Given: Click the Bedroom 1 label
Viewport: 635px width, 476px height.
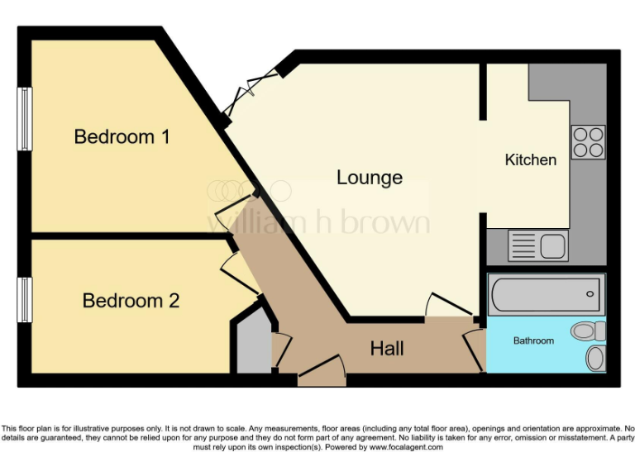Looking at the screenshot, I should pyautogui.click(x=122, y=136).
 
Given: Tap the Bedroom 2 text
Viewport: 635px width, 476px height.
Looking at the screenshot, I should pyautogui.click(x=131, y=301).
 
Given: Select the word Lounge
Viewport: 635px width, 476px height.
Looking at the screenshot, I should pyautogui.click(x=370, y=178).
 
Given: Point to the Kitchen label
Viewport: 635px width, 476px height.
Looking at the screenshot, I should pyautogui.click(x=530, y=160).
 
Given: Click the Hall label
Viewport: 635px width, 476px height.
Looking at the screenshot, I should pyautogui.click(x=387, y=349).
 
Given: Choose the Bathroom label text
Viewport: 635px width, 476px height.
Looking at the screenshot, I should pyautogui.click(x=533, y=340).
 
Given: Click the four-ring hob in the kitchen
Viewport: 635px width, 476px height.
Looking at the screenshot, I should pyautogui.click(x=588, y=141).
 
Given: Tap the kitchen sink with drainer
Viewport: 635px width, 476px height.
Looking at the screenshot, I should pyautogui.click(x=537, y=245).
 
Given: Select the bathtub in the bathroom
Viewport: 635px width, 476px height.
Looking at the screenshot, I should pyautogui.click(x=546, y=293).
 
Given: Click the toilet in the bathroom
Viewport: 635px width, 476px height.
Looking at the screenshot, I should pyautogui.click(x=588, y=331).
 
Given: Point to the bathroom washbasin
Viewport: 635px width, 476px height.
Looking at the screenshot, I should pyautogui.click(x=595, y=358).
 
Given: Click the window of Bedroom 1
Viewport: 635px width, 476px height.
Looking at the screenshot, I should pyautogui.click(x=26, y=119).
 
